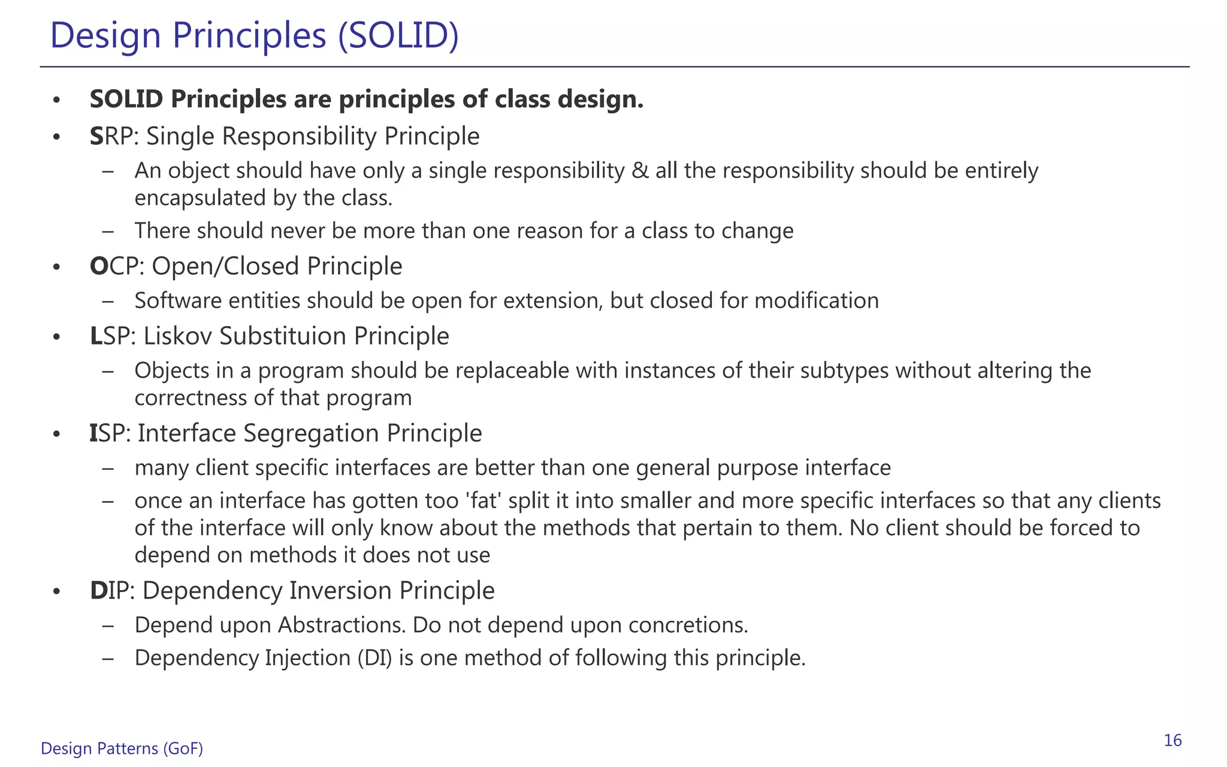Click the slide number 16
tap(1172, 741)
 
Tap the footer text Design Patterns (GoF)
tap(122, 748)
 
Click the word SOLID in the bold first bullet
tap(126, 99)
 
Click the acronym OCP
tap(113, 267)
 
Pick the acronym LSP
tap(110, 336)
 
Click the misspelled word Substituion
tap(283, 336)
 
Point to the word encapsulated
tap(200, 198)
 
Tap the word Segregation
tap(311, 434)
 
